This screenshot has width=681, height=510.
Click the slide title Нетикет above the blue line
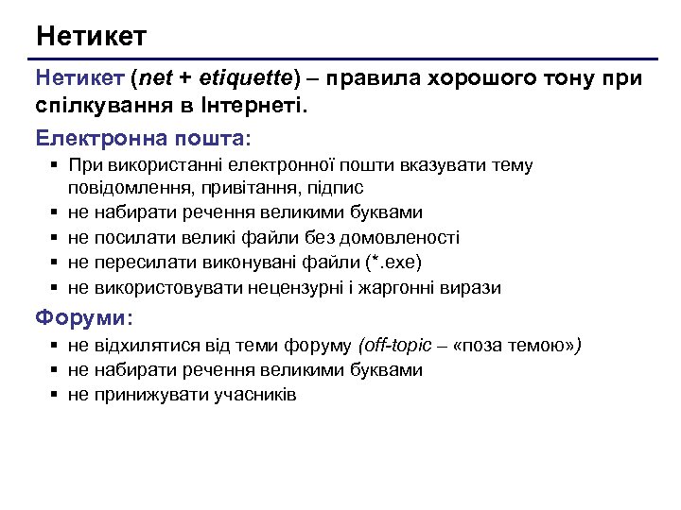91,37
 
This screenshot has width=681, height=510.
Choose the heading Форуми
84,316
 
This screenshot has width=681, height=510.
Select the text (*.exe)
393,263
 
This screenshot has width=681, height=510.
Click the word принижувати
145,394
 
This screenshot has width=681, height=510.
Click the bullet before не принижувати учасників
56,394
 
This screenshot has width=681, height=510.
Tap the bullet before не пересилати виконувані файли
56,263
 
